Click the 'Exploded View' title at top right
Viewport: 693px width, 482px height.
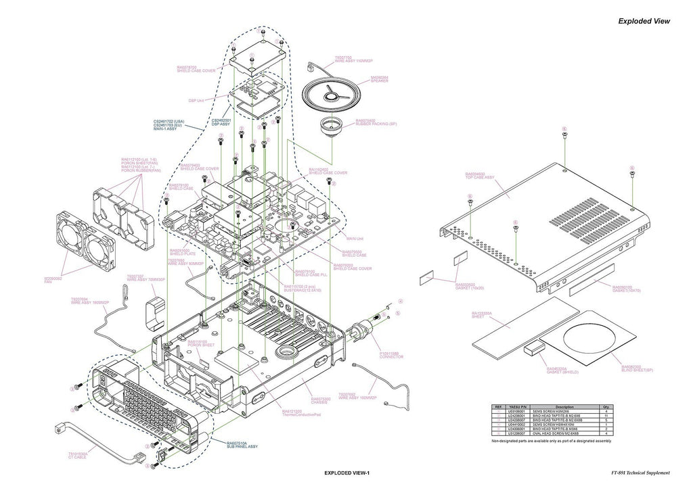(644, 21)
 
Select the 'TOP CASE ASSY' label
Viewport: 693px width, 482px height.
(480, 176)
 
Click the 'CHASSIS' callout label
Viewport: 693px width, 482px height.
(321, 402)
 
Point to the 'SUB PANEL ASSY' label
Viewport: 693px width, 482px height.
(243, 447)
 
